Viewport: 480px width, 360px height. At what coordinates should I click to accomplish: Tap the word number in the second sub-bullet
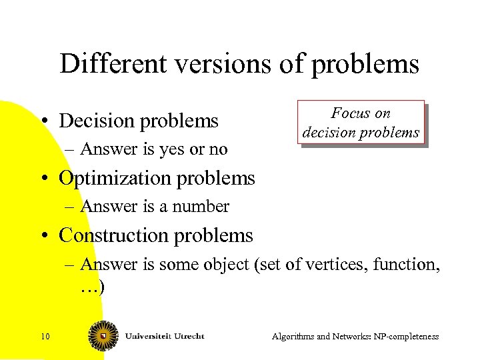201,207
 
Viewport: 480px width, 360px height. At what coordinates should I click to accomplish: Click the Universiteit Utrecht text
164,336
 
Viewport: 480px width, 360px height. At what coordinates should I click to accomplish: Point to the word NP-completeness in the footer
406,337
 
